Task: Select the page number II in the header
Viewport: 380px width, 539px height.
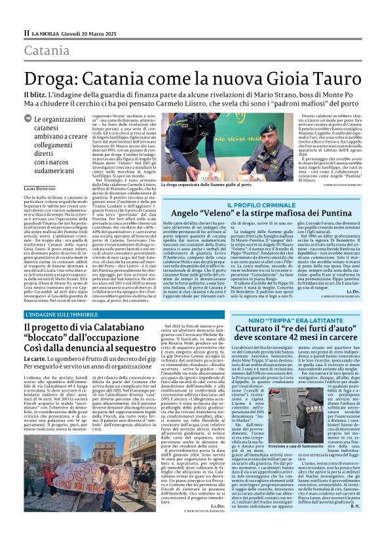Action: (26, 33)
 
